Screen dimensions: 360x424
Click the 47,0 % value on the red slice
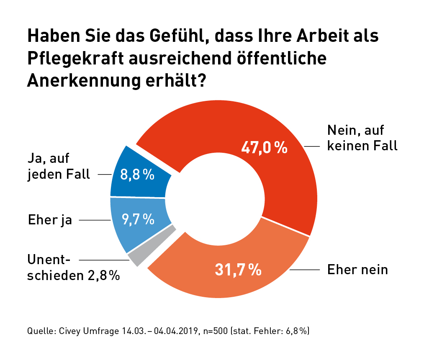[265, 147]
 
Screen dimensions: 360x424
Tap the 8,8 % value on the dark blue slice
[137, 175]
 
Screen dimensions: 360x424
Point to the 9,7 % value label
[138, 219]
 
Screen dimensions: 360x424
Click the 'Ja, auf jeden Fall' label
[59, 167]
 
